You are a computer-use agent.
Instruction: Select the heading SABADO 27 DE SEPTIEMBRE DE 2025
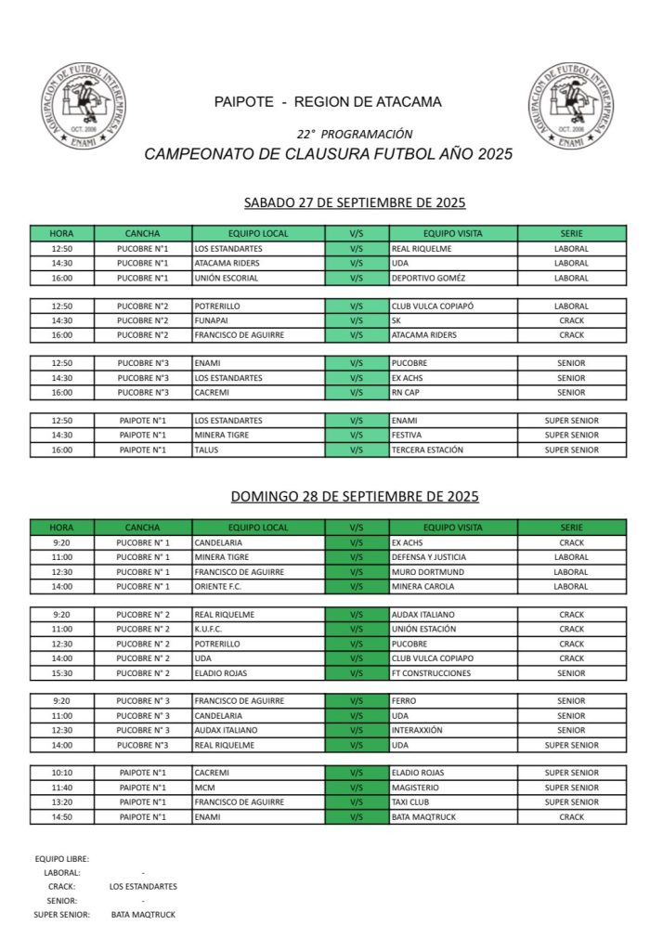click(354, 202)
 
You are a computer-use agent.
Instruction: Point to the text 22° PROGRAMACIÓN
click(355, 134)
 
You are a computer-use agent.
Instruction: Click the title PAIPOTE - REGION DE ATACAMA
click(328, 101)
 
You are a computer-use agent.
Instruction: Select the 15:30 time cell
click(62, 672)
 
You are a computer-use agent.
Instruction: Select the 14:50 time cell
click(62, 816)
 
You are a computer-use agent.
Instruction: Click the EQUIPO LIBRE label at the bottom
click(61, 859)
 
